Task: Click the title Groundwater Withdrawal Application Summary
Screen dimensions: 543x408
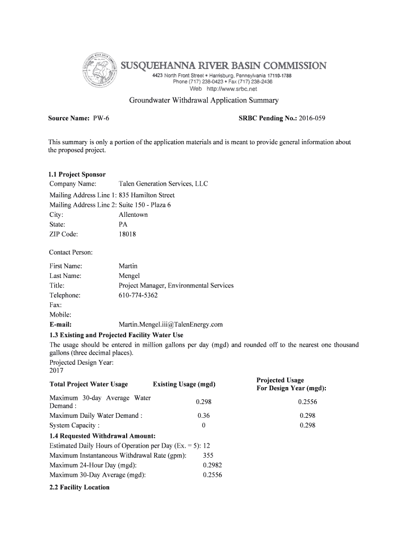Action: [x=204, y=100]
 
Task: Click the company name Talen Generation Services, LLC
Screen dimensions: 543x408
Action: [x=163, y=184]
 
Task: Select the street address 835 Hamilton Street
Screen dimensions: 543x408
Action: [x=146, y=195]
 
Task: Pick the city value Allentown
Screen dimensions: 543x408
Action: [x=133, y=215]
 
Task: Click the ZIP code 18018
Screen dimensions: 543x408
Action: [x=127, y=234]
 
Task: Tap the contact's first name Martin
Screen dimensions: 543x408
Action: [x=128, y=266]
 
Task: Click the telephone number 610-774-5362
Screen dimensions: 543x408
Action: [x=138, y=295]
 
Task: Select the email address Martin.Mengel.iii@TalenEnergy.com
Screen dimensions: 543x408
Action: [x=171, y=325]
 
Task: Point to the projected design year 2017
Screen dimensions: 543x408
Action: [x=56, y=371]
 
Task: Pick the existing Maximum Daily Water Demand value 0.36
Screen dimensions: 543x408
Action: [x=203, y=416]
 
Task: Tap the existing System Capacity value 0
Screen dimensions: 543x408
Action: [x=203, y=425]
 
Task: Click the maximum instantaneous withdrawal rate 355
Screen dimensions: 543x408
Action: [x=208, y=456]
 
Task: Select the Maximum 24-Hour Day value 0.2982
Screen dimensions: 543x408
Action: [x=212, y=465]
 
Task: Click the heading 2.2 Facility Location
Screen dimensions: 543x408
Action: [x=79, y=487]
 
